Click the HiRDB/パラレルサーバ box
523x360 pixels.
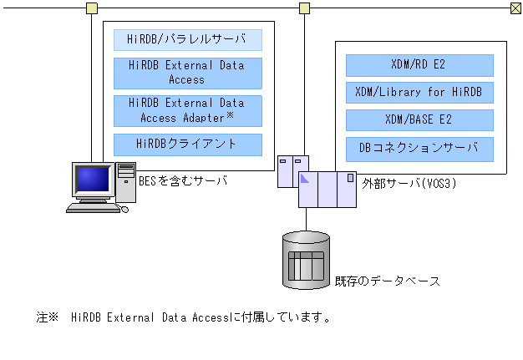[x=187, y=39]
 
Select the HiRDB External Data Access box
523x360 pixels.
[x=187, y=74]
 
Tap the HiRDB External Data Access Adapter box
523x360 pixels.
[x=187, y=110]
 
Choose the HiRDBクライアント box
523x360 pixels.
[x=187, y=144]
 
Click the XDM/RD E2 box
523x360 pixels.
[x=419, y=65]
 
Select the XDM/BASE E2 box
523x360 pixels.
[x=419, y=120]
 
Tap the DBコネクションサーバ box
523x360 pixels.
[x=419, y=149]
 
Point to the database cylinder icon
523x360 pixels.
[x=306, y=260]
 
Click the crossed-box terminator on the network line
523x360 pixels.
[x=515, y=8]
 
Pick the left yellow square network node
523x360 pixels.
[x=91, y=8]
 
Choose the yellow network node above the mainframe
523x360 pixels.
[x=305, y=8]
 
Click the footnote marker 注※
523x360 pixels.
[x=46, y=317]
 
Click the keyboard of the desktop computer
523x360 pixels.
[x=94, y=208]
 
